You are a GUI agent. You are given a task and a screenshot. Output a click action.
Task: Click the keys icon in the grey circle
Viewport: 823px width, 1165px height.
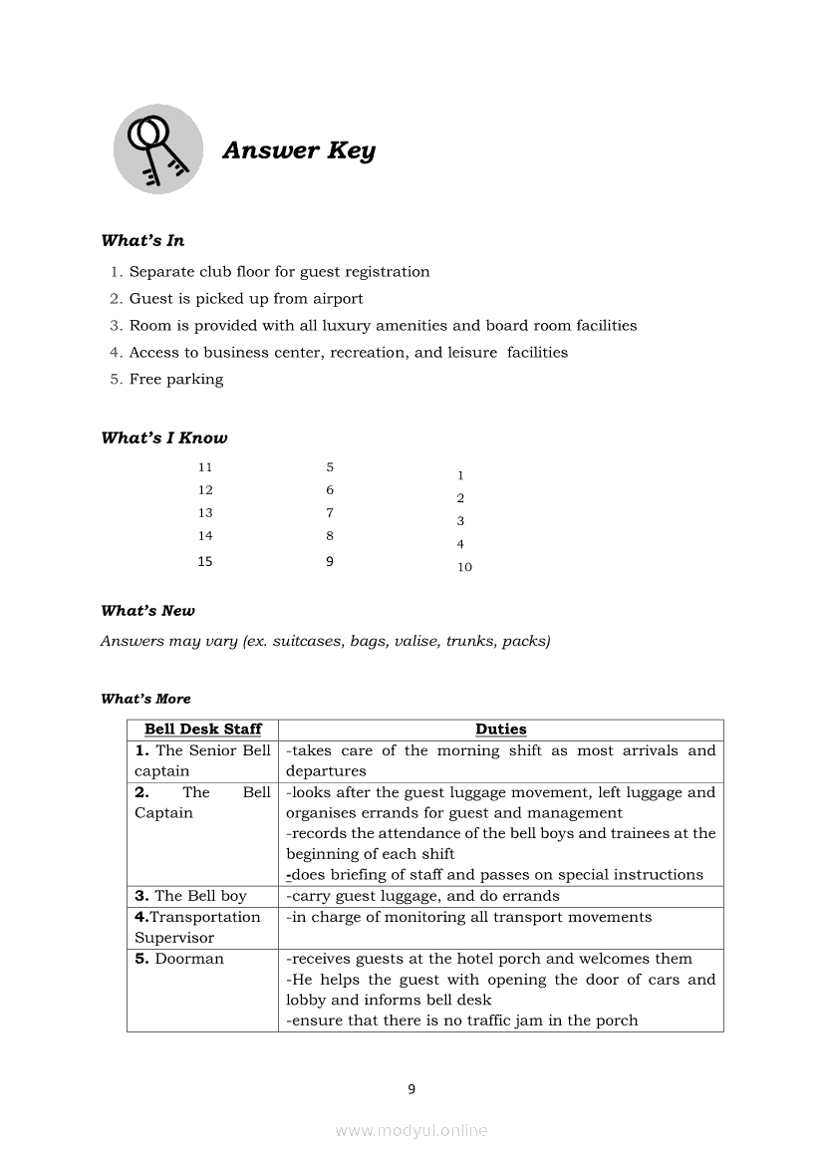click(x=157, y=149)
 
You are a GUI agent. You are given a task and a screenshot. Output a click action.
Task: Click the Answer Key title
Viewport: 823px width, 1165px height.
click(x=299, y=150)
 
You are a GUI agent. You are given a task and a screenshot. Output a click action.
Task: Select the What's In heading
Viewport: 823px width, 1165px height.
click(x=142, y=240)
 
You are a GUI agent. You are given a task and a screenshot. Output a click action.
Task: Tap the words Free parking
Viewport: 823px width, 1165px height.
click(x=176, y=379)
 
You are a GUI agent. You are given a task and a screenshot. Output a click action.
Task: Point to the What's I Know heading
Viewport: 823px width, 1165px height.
click(x=164, y=437)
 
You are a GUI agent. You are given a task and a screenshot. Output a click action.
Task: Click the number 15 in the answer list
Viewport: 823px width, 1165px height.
click(x=205, y=561)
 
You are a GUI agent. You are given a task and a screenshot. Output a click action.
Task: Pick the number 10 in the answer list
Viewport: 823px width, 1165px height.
click(x=464, y=567)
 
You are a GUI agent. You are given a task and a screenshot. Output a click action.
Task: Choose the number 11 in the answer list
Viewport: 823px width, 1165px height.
click(x=205, y=466)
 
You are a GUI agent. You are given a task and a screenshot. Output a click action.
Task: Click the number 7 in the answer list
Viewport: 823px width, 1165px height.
click(x=330, y=512)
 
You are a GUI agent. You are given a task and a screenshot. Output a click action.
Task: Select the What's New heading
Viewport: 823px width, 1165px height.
click(x=147, y=611)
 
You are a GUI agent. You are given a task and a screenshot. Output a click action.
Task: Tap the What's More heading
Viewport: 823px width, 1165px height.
click(x=145, y=699)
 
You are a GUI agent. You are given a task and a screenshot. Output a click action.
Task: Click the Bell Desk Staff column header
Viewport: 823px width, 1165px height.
click(x=203, y=729)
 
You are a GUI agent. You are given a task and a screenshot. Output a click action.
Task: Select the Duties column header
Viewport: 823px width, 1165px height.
click(x=500, y=729)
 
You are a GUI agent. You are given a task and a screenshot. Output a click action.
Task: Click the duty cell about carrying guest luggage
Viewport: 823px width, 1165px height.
click(x=422, y=896)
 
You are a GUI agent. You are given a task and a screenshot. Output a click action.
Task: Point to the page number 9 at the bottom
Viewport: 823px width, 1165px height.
click(x=411, y=1089)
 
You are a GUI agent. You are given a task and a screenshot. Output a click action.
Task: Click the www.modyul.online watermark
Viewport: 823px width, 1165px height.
click(x=411, y=1131)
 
